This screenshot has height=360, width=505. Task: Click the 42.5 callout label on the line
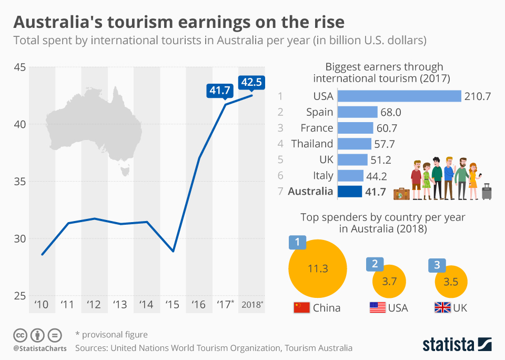251,82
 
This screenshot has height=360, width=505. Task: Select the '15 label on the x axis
173,304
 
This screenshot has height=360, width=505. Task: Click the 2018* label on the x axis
251,304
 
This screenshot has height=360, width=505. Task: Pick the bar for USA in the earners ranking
399,96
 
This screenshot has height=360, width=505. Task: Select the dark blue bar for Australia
349,191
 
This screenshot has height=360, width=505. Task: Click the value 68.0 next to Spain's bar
390,112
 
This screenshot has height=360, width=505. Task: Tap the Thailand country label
312,144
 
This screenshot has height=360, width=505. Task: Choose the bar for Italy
350,175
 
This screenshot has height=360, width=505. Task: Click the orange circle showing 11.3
317,268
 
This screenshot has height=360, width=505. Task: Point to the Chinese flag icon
301,307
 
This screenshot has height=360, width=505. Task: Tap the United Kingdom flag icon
442,307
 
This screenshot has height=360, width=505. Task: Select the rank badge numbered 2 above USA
375,264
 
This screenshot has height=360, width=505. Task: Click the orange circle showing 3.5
451,282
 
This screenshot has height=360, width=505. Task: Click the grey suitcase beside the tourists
487,192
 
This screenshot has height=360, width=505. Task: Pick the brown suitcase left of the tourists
401,193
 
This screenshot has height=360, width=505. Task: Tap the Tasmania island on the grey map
125,169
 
